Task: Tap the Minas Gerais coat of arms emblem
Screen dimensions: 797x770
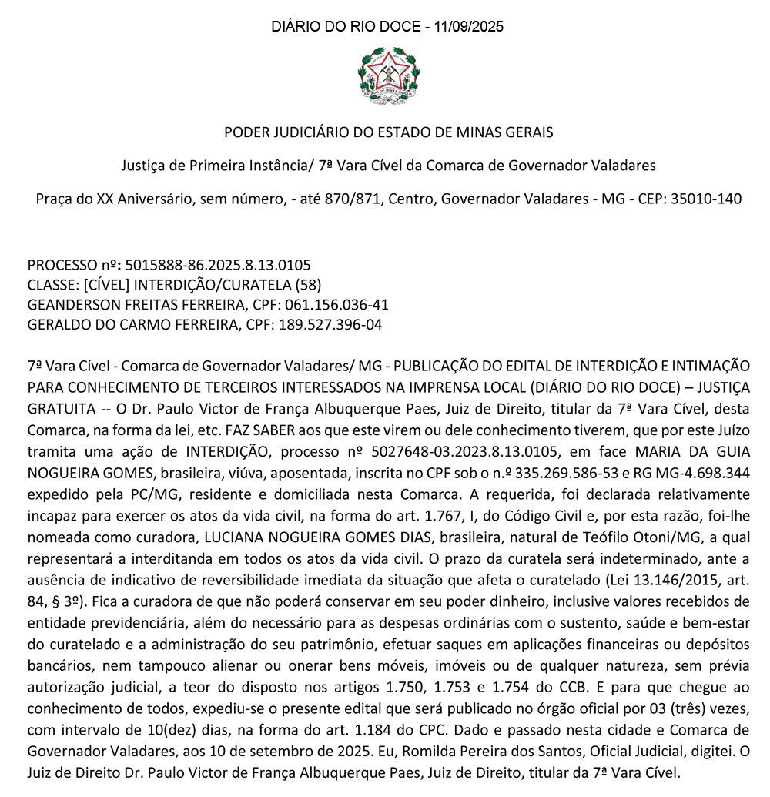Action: click(x=388, y=74)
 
